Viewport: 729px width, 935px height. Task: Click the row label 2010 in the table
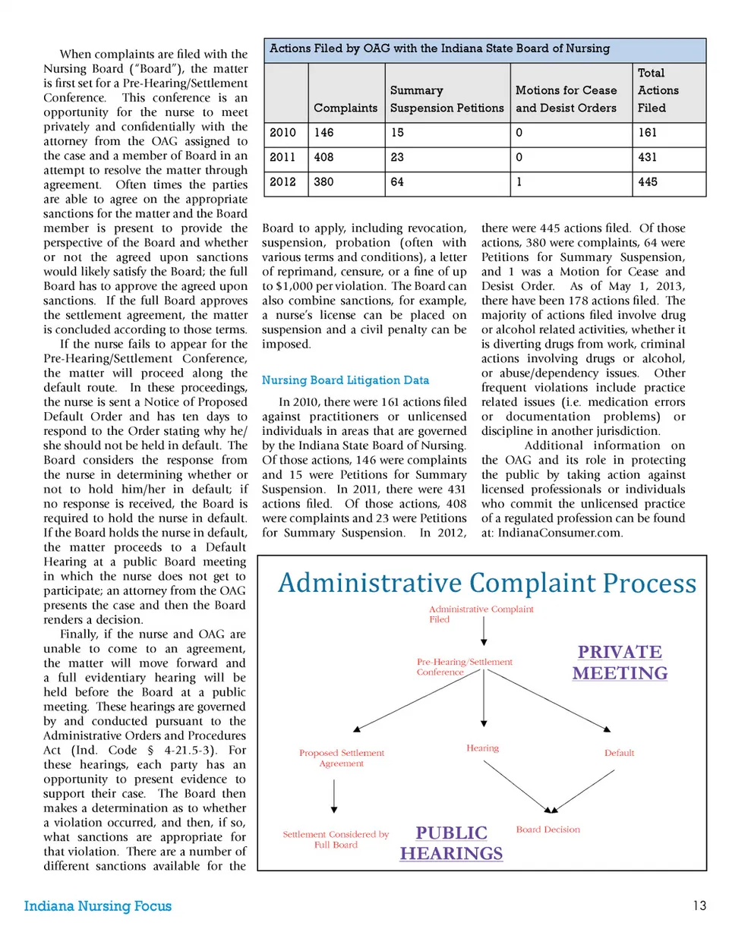(282, 132)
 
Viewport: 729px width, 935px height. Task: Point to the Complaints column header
(346, 108)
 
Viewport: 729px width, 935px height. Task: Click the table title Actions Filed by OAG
(440, 49)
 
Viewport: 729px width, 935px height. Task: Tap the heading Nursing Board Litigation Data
(345, 380)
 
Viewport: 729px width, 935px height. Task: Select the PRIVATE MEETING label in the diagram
(620, 663)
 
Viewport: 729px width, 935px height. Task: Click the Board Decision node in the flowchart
(548, 830)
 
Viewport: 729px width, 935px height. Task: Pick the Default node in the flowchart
(619, 753)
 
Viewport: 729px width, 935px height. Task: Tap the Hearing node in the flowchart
(483, 748)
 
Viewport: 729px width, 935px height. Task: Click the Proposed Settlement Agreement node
(342, 758)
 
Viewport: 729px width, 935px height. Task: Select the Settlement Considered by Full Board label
(336, 839)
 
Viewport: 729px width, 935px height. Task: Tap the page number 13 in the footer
(700, 905)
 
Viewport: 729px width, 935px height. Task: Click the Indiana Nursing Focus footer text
(98, 905)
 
